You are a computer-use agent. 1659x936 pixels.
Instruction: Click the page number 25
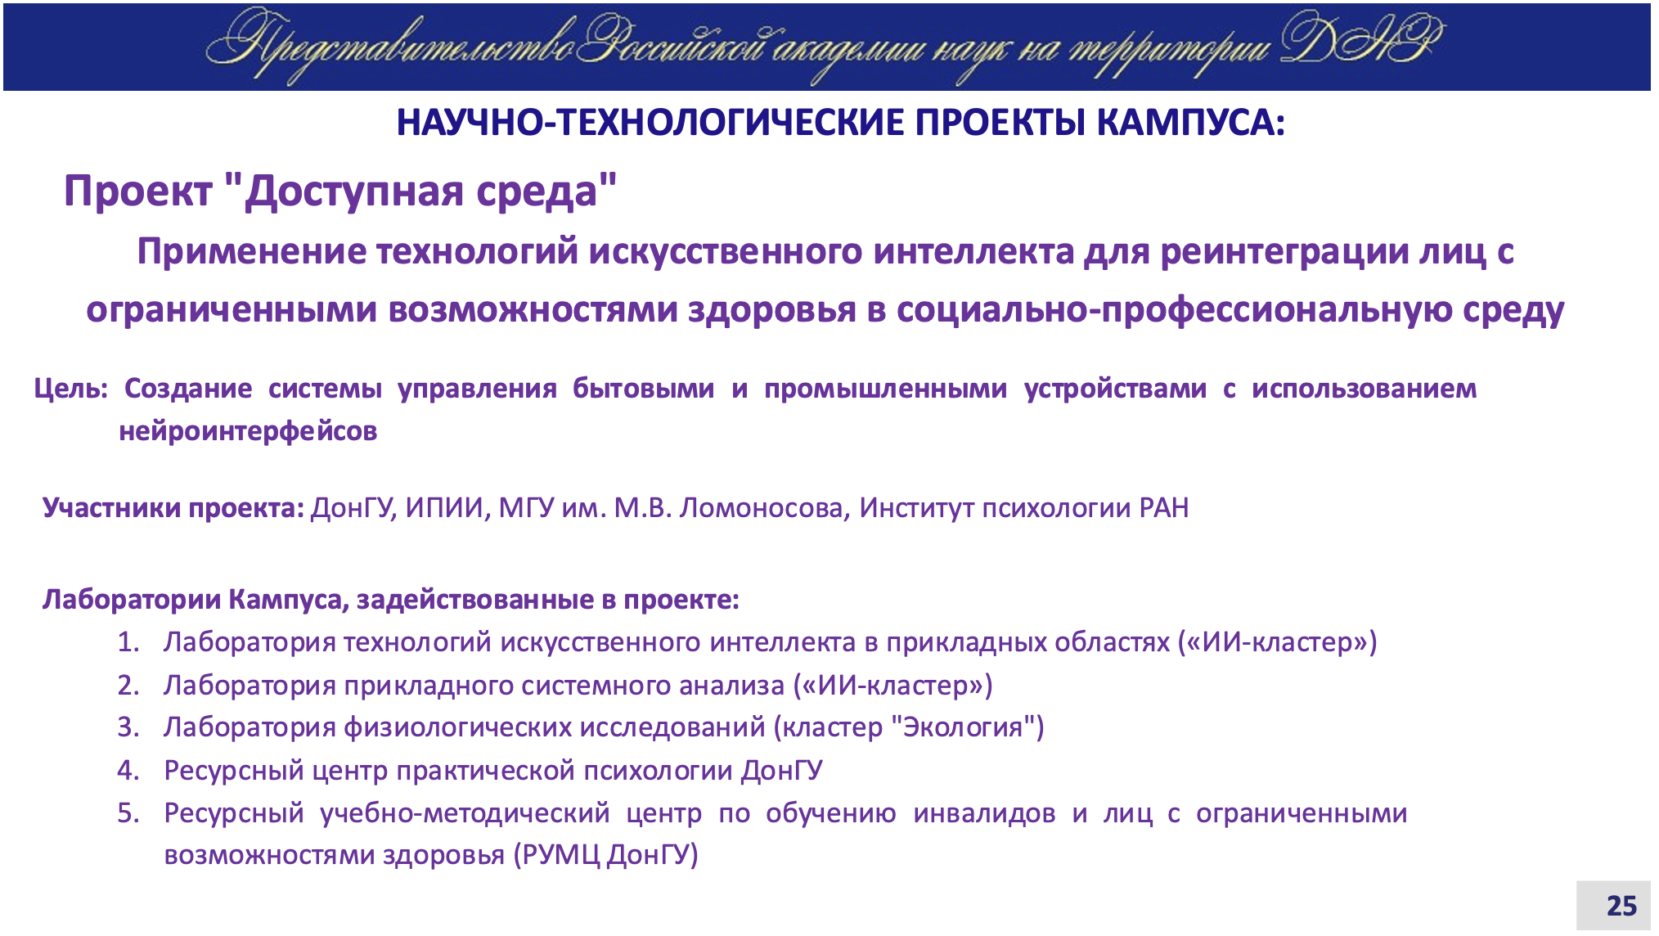[1621, 906]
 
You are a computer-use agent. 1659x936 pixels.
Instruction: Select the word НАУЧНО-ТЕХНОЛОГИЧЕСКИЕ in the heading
[651, 123]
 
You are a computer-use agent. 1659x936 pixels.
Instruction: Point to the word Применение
[252, 251]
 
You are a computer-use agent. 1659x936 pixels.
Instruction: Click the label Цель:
[71, 389]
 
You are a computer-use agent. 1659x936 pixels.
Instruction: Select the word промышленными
[885, 389]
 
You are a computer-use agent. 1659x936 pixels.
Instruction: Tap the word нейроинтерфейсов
[248, 431]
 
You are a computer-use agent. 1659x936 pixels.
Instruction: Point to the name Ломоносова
[764, 509]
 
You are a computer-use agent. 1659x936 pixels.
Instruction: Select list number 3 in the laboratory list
[128, 727]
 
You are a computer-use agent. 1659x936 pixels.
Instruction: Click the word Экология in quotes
[963, 727]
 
